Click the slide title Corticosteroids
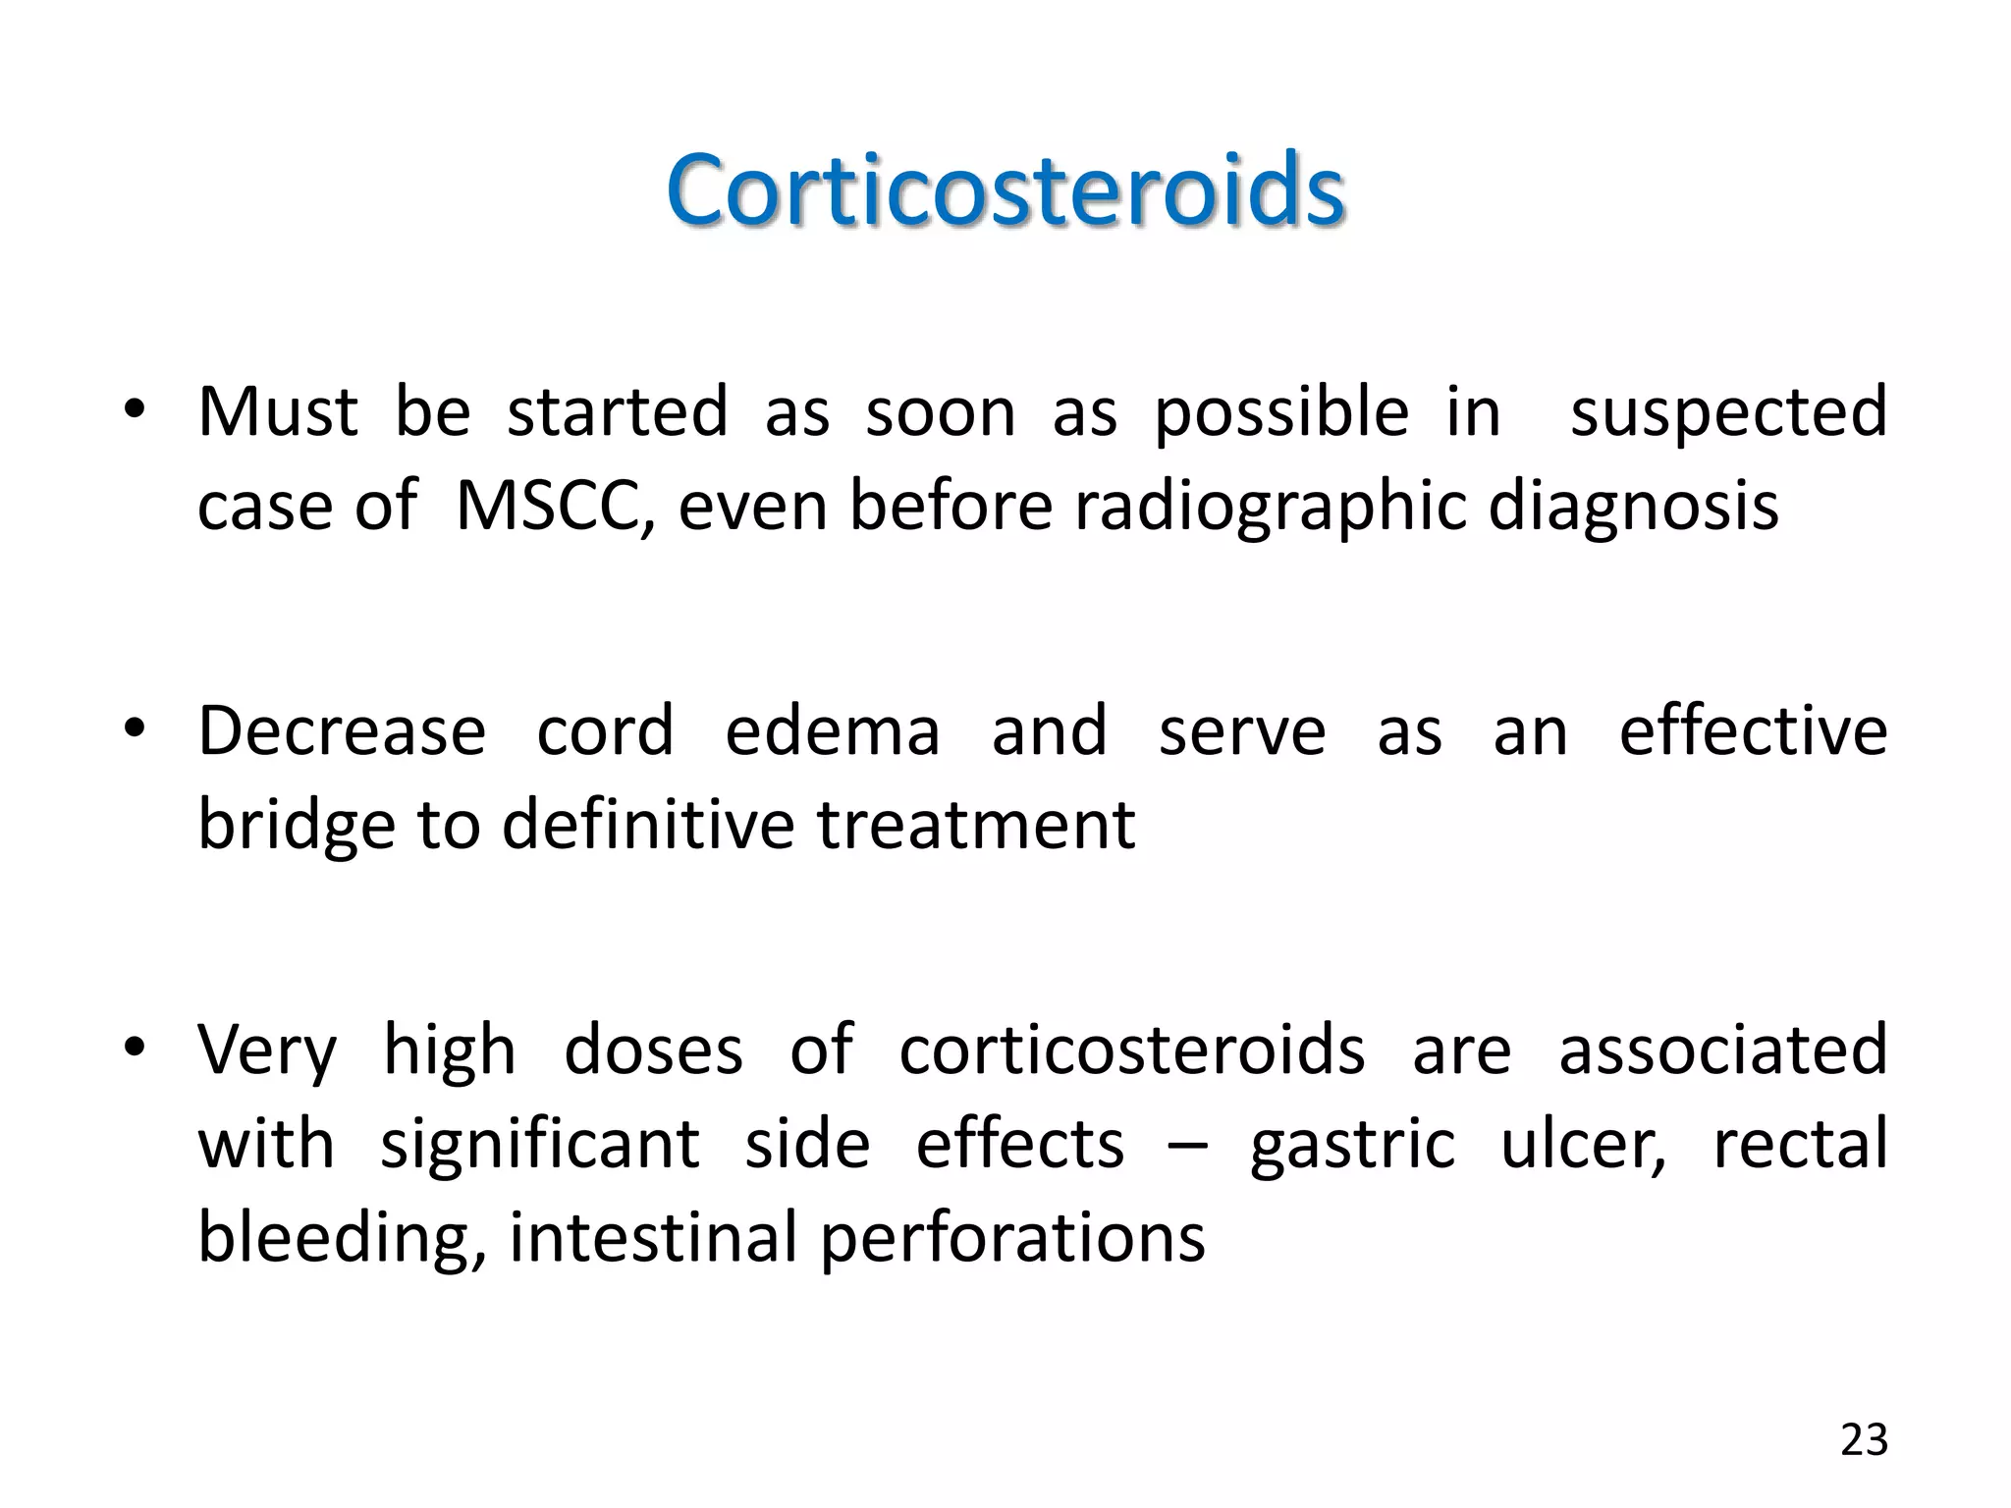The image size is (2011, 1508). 1005,188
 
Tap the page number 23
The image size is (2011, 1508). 1864,1440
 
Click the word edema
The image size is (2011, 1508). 833,731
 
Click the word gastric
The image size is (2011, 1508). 1352,1146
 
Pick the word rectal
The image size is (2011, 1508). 1800,1144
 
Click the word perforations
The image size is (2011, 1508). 1012,1239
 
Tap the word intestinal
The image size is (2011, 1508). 653,1237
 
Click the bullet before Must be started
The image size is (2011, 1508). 135,410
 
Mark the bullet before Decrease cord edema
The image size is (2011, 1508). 135,729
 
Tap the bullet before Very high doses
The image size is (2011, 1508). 135,1049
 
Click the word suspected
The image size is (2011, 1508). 1728,413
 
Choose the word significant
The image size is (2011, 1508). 539,1146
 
